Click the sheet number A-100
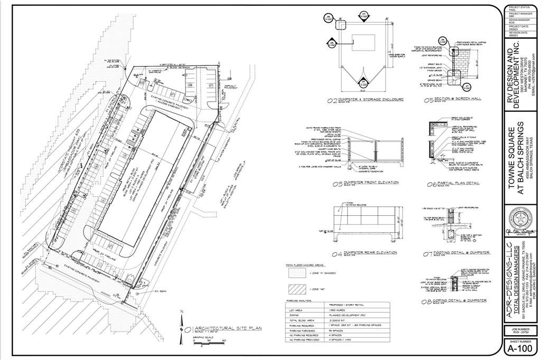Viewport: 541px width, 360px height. click(x=520, y=348)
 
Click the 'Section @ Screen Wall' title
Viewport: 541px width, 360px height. click(x=455, y=99)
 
